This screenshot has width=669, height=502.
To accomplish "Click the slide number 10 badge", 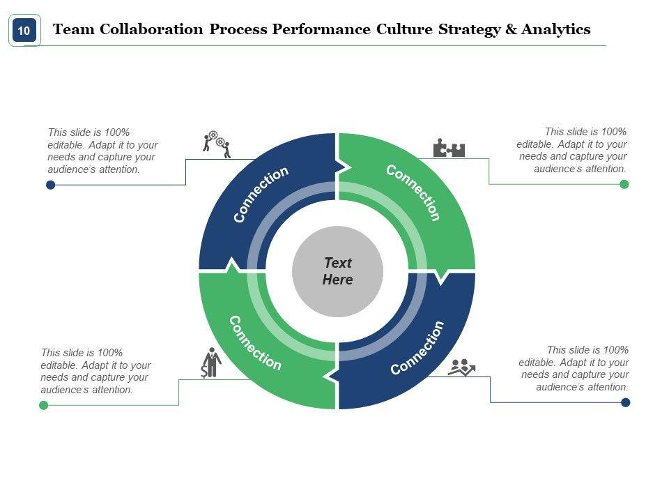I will tap(24, 31).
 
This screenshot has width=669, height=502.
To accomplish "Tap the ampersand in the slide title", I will tap(512, 29).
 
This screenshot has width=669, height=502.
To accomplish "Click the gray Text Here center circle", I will tap(337, 271).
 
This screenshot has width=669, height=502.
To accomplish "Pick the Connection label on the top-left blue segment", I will tap(261, 195).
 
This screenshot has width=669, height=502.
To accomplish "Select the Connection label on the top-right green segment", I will tap(413, 192).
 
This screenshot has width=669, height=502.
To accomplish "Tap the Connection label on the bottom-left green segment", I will tap(255, 343).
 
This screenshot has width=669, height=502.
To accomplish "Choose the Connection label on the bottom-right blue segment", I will tap(417, 347).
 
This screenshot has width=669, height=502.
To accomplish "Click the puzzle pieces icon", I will tap(449, 149).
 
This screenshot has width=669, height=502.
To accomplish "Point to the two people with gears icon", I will tap(217, 144).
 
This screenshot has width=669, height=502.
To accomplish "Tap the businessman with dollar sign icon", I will tap(210, 363).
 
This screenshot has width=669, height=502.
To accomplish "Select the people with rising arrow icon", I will tap(461, 367).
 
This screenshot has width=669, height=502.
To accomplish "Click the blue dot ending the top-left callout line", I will tap(50, 185).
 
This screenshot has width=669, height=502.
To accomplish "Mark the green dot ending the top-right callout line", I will tap(624, 184).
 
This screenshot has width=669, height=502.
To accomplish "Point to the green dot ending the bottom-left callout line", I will tap(44, 405).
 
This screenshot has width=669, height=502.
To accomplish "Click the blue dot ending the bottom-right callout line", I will tap(626, 402).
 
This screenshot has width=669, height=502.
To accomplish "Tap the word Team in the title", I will tap(73, 29).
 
